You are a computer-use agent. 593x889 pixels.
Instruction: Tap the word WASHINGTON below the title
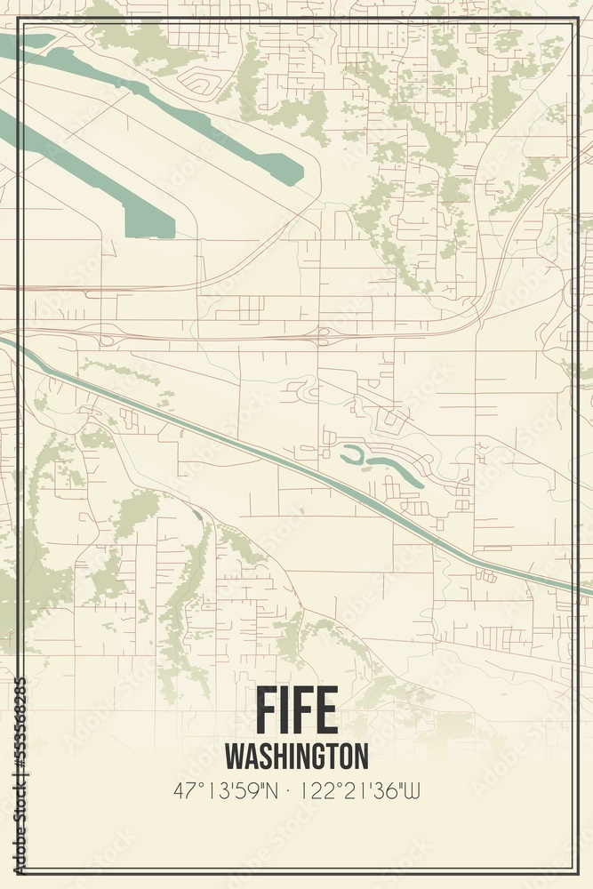click(296, 756)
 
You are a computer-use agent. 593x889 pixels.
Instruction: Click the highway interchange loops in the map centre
click(324, 336)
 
